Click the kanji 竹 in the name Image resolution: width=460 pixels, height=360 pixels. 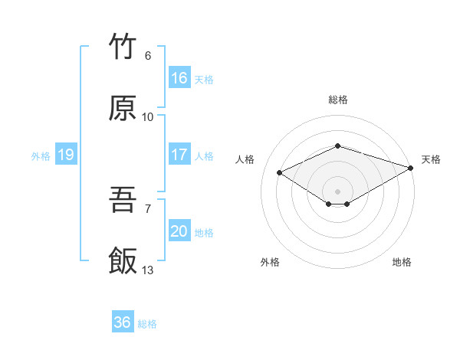pyautogui.click(x=123, y=47)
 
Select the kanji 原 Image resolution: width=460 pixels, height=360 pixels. pyautogui.click(x=123, y=109)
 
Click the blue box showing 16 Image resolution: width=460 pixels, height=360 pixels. pyautogui.click(x=179, y=78)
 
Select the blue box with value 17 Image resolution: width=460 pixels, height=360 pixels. pyautogui.click(x=179, y=155)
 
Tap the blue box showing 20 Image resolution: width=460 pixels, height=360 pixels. pyautogui.click(x=179, y=231)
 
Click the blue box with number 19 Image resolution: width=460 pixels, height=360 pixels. pyautogui.click(x=66, y=155)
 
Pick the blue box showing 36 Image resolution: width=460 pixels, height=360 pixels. pyautogui.click(x=123, y=322)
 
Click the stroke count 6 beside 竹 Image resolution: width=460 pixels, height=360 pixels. pyautogui.click(x=148, y=56)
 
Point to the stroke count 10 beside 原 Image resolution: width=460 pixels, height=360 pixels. pyautogui.click(x=148, y=117)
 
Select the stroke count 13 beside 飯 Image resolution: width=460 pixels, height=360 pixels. pyautogui.click(x=148, y=270)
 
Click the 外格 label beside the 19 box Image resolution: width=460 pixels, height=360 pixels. pyautogui.click(x=41, y=155)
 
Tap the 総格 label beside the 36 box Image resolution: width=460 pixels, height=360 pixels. pyautogui.click(x=147, y=323)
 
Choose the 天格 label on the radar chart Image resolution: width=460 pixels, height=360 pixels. pyautogui.click(x=431, y=159)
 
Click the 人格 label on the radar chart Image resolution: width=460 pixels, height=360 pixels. pyautogui.click(x=245, y=159)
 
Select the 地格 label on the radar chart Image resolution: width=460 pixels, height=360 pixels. pyautogui.click(x=402, y=262)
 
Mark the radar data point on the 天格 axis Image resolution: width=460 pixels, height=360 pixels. pyautogui.click(x=412, y=168)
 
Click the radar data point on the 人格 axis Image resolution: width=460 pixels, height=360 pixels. pyautogui.click(x=280, y=172)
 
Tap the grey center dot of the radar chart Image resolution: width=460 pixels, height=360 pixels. pyautogui.click(x=337, y=191)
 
